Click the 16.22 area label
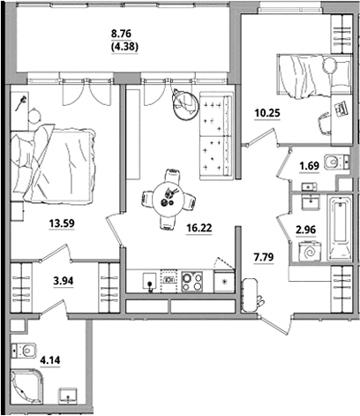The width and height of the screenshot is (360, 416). click(x=199, y=228)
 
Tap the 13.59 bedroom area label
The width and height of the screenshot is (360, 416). click(x=62, y=223)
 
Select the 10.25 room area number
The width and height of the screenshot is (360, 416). click(x=267, y=113)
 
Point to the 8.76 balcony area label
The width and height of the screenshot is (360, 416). click(x=121, y=34)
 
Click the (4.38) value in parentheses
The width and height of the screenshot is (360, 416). click(x=124, y=47)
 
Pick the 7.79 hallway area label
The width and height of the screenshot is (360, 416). click(x=264, y=257)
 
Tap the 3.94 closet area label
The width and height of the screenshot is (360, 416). click(x=64, y=281)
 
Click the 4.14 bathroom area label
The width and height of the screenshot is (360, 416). click(x=50, y=360)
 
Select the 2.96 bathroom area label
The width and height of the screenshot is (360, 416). click(x=306, y=230)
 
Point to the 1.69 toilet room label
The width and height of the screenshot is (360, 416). click(x=309, y=166)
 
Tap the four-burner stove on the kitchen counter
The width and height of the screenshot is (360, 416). click(x=192, y=282)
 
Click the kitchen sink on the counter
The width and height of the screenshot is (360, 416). click(x=151, y=282)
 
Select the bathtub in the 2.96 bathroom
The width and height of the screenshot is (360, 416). click(x=340, y=229)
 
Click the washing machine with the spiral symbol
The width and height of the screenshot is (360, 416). click(x=310, y=251)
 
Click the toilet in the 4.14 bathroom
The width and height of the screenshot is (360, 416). click(x=24, y=351)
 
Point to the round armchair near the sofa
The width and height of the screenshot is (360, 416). click(x=185, y=103)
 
